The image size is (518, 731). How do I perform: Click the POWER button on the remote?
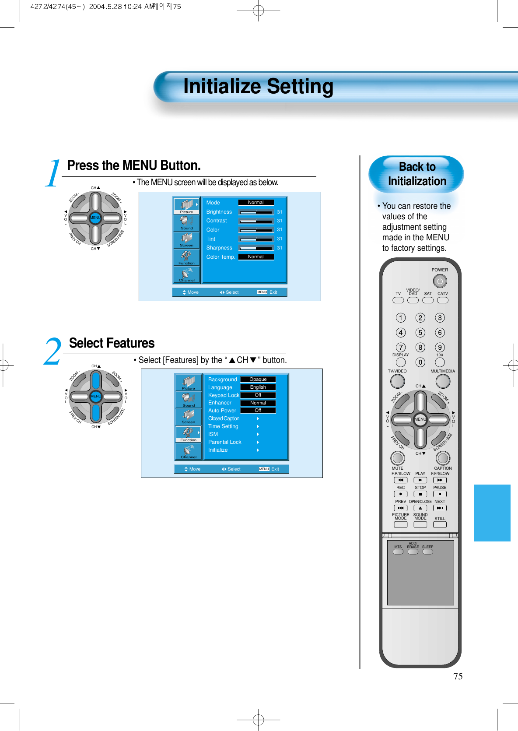[440, 281]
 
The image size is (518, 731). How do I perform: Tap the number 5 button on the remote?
[420, 333]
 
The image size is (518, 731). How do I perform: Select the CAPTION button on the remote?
[443, 458]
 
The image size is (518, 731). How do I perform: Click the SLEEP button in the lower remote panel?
[427, 552]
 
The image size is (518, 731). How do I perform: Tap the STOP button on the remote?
[420, 494]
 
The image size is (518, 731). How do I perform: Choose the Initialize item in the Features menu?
[218, 450]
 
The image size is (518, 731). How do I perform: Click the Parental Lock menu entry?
[224, 442]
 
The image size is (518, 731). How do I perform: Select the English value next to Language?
[258, 387]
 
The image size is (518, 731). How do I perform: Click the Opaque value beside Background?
[258, 380]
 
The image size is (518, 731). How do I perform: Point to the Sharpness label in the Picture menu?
[219, 248]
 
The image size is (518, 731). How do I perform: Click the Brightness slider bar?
[256, 212]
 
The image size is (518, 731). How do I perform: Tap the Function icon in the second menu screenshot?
[189, 433]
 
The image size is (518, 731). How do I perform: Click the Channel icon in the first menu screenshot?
[187, 275]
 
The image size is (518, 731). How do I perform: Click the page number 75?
[458, 676]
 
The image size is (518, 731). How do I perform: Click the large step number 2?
[52, 352]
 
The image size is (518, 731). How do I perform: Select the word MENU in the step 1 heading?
[140, 165]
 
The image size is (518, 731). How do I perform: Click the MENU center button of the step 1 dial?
[95, 218]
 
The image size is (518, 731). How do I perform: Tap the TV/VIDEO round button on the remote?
[397, 381]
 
